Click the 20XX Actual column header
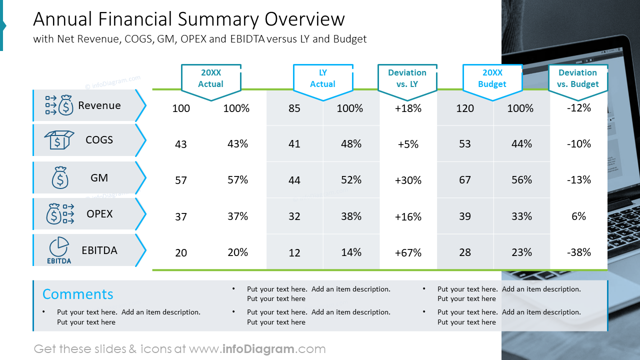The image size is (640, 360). point(210,78)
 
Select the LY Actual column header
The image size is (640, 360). point(322,78)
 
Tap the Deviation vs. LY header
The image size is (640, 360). point(407,78)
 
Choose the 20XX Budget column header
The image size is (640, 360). point(492,78)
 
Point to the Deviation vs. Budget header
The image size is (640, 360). point(577,78)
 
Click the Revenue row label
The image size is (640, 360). point(99,105)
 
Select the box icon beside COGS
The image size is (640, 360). point(58,140)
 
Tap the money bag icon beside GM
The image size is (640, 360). point(59,178)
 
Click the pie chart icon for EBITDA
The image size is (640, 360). point(59,247)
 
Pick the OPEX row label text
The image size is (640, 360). point(99,214)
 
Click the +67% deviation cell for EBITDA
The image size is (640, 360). point(408,253)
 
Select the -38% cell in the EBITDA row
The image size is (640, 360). point(578,252)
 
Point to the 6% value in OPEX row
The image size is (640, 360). point(578,216)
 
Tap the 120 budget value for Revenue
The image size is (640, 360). point(464,108)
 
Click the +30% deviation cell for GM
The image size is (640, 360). point(408,180)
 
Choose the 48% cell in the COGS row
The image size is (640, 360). point(351,144)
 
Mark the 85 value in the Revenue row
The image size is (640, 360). point(294,108)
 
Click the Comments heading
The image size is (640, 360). point(77,294)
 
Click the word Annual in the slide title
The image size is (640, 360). point(63,19)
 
